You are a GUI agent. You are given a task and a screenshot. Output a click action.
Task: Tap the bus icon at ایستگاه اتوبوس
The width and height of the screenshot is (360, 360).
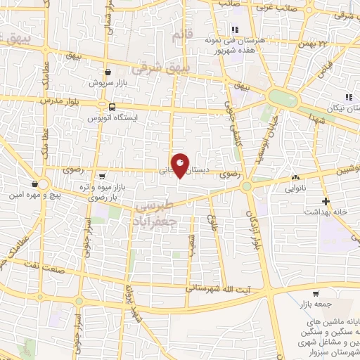point(112,106)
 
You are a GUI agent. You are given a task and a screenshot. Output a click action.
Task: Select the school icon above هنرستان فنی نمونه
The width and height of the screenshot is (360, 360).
point(235,30)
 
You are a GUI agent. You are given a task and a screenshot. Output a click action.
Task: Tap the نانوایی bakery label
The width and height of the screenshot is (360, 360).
point(295,188)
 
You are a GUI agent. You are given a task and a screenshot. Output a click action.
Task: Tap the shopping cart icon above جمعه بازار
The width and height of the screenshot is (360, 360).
point(315,294)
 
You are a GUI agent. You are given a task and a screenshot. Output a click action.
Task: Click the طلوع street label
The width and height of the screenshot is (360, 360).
point(209,225)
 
